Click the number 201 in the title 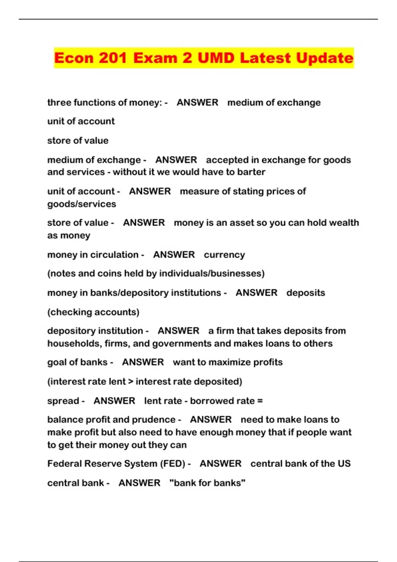click(112, 58)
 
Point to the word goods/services click(81, 204)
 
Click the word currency click(224, 255)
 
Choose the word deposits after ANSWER click(306, 293)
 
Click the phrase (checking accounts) click(93, 312)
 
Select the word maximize click(230, 362)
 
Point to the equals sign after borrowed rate click(260, 401)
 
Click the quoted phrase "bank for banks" click(207, 483)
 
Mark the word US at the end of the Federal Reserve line click(344, 464)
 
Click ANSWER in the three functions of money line click(198, 103)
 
